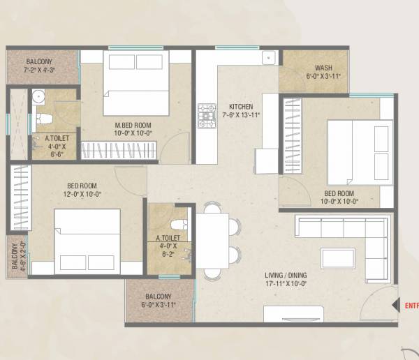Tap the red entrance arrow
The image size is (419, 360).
[x=397, y=305]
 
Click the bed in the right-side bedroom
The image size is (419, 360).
[x=358, y=149]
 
